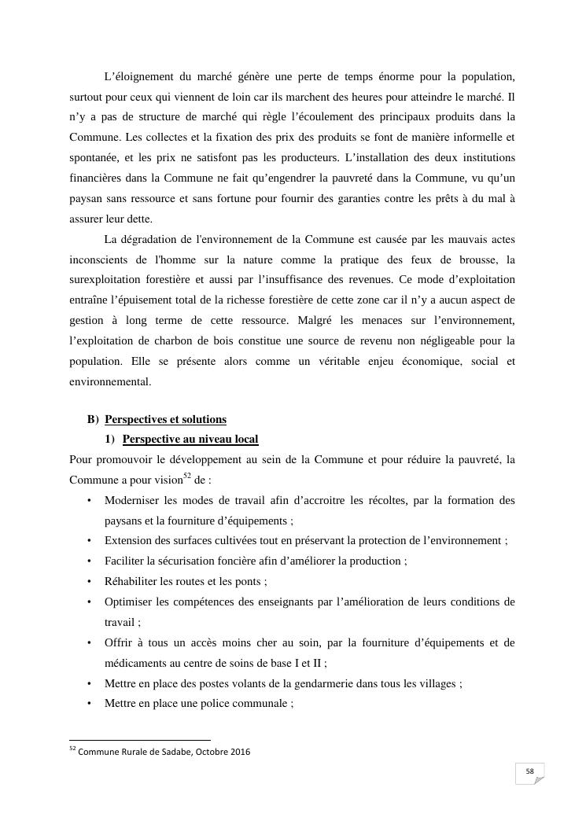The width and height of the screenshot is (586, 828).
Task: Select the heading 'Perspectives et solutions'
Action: tap(165, 419)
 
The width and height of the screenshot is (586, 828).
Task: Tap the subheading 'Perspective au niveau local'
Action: tap(190, 439)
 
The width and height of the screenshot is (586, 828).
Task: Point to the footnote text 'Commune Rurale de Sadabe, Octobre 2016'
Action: tap(164, 752)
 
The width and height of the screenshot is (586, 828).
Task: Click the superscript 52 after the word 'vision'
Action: tap(187, 476)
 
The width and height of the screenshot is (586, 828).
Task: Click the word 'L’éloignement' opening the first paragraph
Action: tap(138, 76)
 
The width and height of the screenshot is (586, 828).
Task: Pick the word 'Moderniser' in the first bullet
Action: tap(131, 500)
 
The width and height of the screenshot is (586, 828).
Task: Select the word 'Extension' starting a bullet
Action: tap(127, 541)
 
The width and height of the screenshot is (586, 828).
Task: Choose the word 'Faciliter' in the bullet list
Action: tap(126, 561)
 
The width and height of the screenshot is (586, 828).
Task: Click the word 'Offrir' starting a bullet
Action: tap(119, 643)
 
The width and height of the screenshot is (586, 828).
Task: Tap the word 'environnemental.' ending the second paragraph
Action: tap(110, 382)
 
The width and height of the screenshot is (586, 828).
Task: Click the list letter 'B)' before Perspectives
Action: tap(93, 419)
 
